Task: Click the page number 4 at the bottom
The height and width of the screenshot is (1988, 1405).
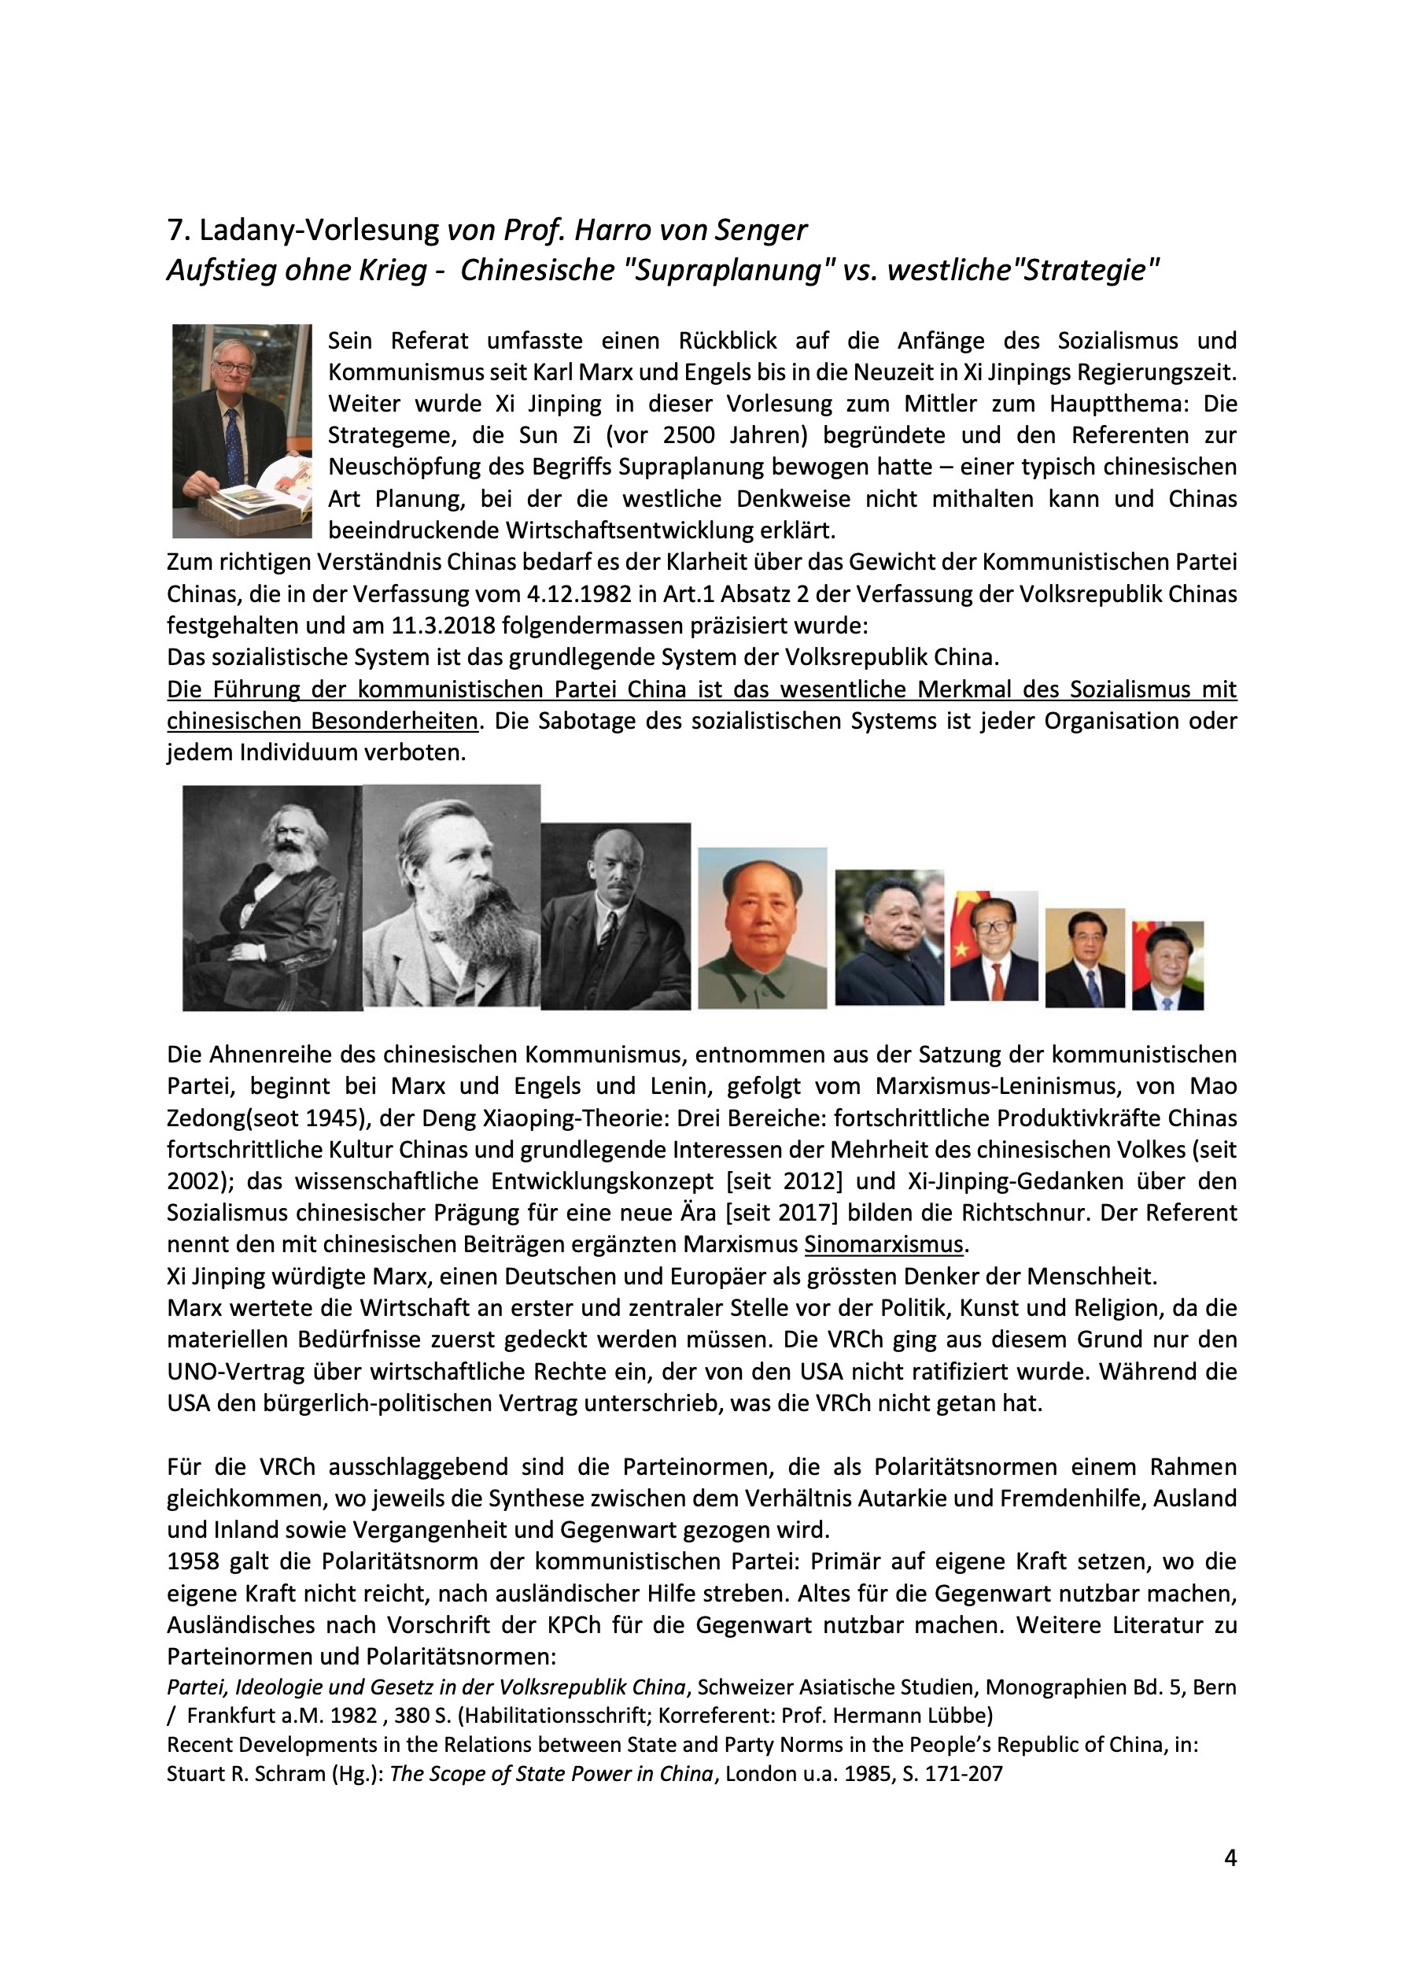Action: pyautogui.click(x=1230, y=1883)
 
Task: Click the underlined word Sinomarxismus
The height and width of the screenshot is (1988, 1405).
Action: pyautogui.click(x=882, y=1244)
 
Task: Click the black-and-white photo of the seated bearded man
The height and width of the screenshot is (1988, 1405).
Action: pyautogui.click(x=272, y=898)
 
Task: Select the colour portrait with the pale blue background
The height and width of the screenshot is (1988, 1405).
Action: pyautogui.click(x=762, y=927)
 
